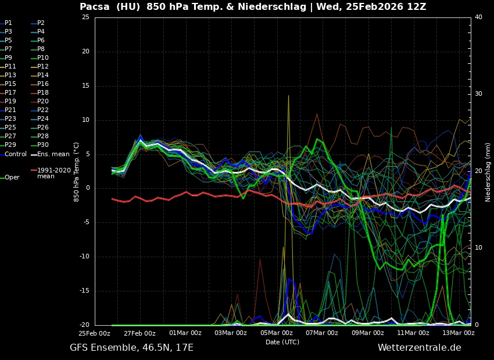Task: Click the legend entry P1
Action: tap(8, 23)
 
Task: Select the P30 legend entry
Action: tap(43, 145)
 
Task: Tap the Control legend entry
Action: tap(16, 154)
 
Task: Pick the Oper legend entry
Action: tap(12, 178)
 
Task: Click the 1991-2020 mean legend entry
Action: tap(53, 173)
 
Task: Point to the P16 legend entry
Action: tap(43, 84)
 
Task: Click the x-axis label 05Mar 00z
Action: tap(276, 333)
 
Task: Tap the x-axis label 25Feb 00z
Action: tap(94, 333)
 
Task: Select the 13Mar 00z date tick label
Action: tap(459, 333)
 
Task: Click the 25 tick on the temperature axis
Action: tap(85, 17)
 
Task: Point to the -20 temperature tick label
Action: tap(84, 325)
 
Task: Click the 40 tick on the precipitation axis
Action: tap(478, 17)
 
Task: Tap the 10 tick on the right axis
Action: tap(478, 248)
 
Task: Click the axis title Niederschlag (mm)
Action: tap(488, 172)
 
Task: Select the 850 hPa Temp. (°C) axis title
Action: tap(77, 172)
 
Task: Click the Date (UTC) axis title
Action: tap(282, 343)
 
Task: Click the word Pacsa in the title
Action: tap(95, 7)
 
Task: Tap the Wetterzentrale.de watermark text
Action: tap(419, 348)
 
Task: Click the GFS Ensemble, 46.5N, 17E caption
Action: tap(131, 348)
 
